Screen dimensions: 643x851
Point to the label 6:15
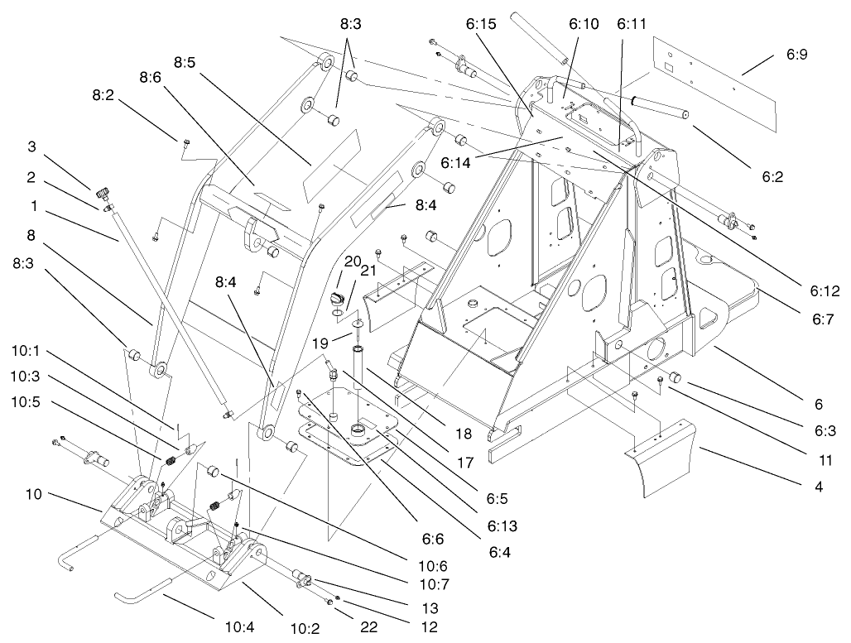481,26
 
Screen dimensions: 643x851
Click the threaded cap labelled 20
334,298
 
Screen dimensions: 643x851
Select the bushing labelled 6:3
676,378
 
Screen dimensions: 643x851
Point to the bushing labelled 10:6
214,471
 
